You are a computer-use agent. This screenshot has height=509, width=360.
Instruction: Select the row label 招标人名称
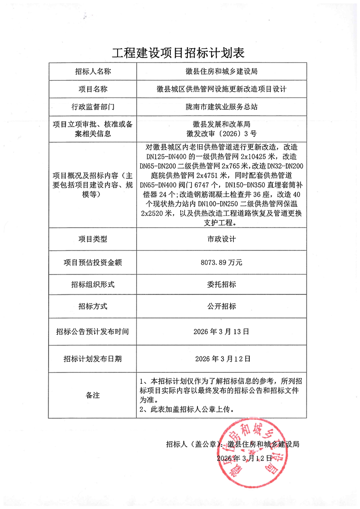(x=93, y=72)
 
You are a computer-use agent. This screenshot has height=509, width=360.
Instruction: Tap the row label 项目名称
(x=93, y=89)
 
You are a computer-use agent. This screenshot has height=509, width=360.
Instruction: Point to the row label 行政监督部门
(x=93, y=107)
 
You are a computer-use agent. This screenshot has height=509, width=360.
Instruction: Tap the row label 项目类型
(x=93, y=239)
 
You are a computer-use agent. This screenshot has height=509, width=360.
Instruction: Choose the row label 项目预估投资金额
(x=93, y=262)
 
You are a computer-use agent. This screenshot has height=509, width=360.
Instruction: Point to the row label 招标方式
(x=93, y=306)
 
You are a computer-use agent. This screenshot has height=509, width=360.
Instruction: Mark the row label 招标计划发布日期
(x=93, y=359)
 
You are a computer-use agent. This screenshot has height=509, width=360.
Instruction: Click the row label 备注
(x=93, y=395)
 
